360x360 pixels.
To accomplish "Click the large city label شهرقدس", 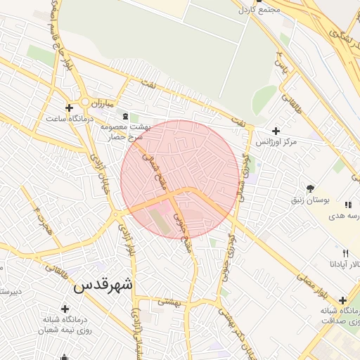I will pyautogui.click(x=103, y=285).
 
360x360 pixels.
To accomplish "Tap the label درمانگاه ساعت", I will pyautogui.click(x=70, y=118).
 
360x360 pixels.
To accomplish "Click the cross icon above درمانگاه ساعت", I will pyautogui.click(x=69, y=108).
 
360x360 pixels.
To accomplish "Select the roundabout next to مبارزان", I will pyautogui.click(x=85, y=103).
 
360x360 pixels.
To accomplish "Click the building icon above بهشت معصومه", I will pyautogui.click(x=125, y=116).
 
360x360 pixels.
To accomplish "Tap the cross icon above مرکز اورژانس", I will pyautogui.click(x=276, y=131).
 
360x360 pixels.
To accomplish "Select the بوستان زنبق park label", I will pyautogui.click(x=311, y=200).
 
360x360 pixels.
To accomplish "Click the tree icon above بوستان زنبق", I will pyautogui.click(x=310, y=188).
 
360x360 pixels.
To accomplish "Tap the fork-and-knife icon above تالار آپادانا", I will pyautogui.click(x=345, y=253).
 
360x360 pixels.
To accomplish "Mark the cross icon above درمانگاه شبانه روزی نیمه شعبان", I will pyautogui.click(x=65, y=309).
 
